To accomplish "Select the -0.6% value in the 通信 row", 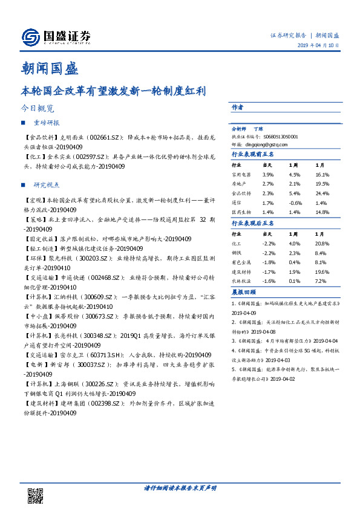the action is [x=295, y=203].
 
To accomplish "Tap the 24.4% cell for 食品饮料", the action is [x=321, y=193].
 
